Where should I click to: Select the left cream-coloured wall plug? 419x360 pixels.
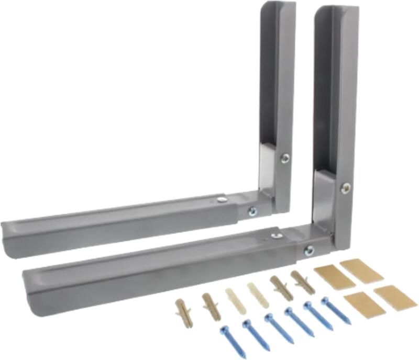tap(235, 301)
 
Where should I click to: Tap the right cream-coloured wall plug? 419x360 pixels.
tap(258, 295)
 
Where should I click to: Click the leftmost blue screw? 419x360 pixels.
tap(233, 341)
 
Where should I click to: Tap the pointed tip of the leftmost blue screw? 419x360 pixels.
tap(245, 355)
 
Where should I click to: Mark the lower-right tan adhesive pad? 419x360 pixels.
tap(395, 297)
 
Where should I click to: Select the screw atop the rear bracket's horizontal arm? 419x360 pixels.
tap(222, 199)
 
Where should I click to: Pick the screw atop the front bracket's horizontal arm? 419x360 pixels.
tap(277, 235)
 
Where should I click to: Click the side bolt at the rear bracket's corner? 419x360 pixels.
tap(252, 211)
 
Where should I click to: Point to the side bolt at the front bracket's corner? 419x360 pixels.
tap(309, 250)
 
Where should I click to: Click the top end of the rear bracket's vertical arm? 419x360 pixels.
tap(278, 6)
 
